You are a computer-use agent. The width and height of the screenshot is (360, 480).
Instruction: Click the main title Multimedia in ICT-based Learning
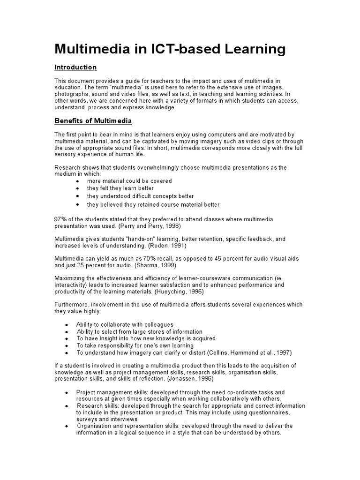tap(170, 49)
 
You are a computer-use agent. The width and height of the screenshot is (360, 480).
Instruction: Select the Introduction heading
tap(75, 67)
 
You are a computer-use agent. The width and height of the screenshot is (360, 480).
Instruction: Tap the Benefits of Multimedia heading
tap(93, 121)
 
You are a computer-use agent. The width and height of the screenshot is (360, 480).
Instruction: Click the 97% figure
tap(60, 219)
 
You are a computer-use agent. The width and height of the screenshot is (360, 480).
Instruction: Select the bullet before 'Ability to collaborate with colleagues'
tap(66, 325)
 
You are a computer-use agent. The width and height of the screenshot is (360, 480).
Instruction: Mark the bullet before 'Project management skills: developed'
tap(66, 392)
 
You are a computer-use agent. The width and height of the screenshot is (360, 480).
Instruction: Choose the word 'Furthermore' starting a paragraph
tap(72, 304)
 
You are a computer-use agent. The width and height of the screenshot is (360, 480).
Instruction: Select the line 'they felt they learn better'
tap(120, 188)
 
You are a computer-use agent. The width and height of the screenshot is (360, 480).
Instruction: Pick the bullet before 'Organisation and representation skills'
tap(66, 426)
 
